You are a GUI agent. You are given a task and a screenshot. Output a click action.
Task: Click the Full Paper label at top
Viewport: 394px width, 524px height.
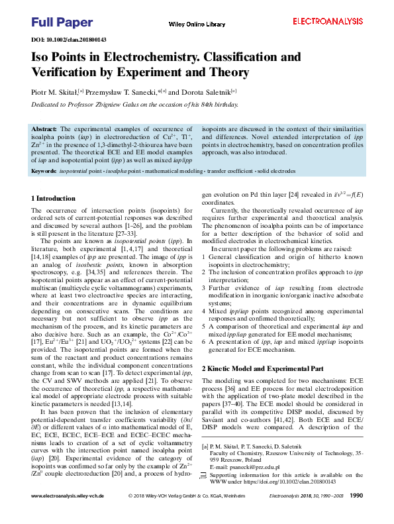pos(62,23)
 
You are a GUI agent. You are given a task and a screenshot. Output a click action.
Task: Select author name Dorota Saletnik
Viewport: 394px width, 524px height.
pos(205,92)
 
